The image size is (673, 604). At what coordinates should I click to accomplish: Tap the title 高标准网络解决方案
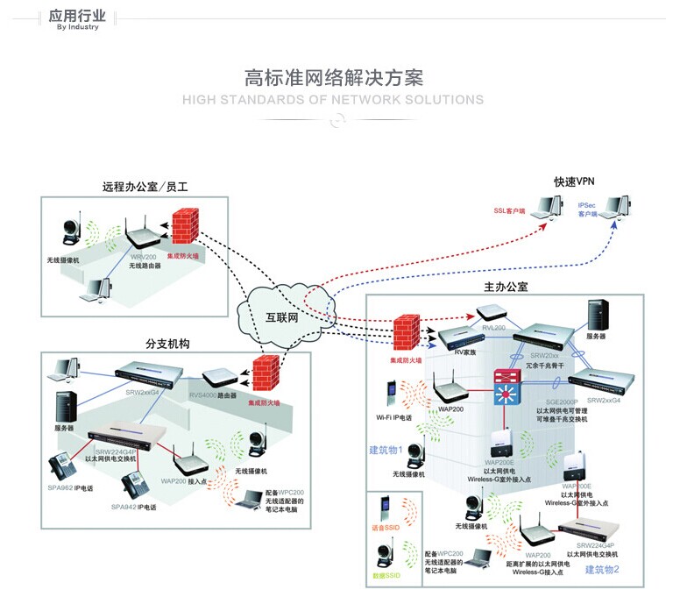(333, 76)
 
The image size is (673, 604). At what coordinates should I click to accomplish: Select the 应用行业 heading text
(77, 15)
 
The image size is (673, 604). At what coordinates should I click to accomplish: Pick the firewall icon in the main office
(405, 334)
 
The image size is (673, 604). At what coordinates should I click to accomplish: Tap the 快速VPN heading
(574, 181)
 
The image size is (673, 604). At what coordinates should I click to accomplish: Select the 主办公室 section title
(506, 287)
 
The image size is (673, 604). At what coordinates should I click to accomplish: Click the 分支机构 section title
(167, 344)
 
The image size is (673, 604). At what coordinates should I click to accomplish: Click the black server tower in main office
(599, 313)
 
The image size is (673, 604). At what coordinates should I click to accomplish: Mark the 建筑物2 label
(602, 569)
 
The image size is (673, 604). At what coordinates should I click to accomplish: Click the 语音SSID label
(386, 530)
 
